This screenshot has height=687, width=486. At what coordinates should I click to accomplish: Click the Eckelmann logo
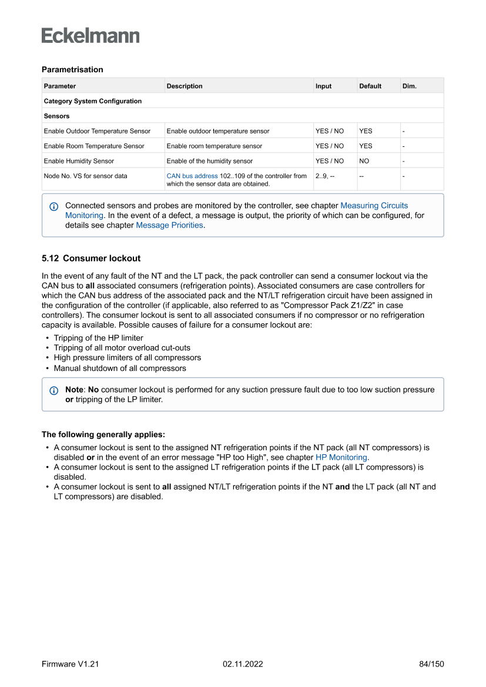tap(91, 35)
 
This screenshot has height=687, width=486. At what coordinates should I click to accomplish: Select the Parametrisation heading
tap(72, 69)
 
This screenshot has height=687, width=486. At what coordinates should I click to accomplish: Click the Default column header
tap(370, 86)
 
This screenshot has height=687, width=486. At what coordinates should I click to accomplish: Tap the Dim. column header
tap(410, 86)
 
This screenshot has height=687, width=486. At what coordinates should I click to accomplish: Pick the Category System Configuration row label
tap(93, 101)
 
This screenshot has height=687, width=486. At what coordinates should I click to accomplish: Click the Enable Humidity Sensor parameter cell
tap(79, 161)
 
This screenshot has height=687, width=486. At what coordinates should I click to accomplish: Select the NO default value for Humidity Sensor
tap(364, 161)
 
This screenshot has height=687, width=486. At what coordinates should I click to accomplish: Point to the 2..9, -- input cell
tap(325, 176)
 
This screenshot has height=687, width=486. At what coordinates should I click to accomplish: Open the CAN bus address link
tap(192, 176)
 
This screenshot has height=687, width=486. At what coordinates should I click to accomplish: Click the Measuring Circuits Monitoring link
tap(374, 206)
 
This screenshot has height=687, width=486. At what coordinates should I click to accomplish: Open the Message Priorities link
tap(170, 225)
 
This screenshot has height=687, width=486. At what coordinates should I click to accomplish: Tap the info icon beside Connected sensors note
tap(54, 206)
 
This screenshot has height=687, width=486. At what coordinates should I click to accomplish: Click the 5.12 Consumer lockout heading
tap(91, 258)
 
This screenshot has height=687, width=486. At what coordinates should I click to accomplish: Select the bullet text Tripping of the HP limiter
tap(98, 338)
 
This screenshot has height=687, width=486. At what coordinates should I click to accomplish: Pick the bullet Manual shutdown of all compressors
tap(120, 368)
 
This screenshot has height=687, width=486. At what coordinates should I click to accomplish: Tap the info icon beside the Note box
tap(54, 390)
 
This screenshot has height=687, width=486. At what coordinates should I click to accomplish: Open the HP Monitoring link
tap(341, 457)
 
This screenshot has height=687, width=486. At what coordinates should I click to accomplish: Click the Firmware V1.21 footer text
tap(70, 664)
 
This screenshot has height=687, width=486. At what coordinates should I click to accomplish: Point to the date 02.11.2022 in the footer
tap(243, 664)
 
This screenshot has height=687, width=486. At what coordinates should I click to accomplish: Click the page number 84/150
tap(431, 664)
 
